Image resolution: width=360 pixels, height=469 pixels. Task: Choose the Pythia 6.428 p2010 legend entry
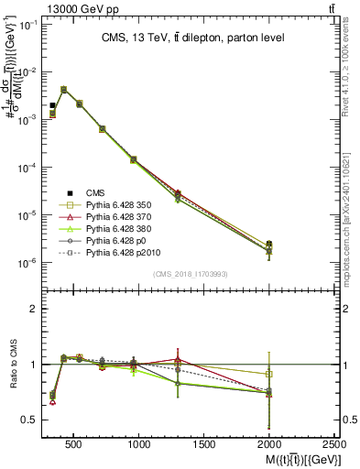[119, 250]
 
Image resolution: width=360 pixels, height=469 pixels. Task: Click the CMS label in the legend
[95, 191]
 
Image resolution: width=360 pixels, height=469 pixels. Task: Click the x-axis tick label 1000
[139, 444]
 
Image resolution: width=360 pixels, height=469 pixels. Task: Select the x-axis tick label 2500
[334, 444]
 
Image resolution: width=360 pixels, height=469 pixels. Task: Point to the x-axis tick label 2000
[269, 444]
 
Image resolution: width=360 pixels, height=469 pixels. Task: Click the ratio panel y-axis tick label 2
[32, 309]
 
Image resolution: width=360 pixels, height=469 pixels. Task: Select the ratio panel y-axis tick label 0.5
[28, 420]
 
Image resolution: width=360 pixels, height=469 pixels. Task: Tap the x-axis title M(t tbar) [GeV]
[291, 459]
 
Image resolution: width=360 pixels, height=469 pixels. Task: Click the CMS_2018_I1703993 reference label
[190, 274]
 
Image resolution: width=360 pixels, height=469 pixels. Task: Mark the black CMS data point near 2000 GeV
[269, 245]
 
